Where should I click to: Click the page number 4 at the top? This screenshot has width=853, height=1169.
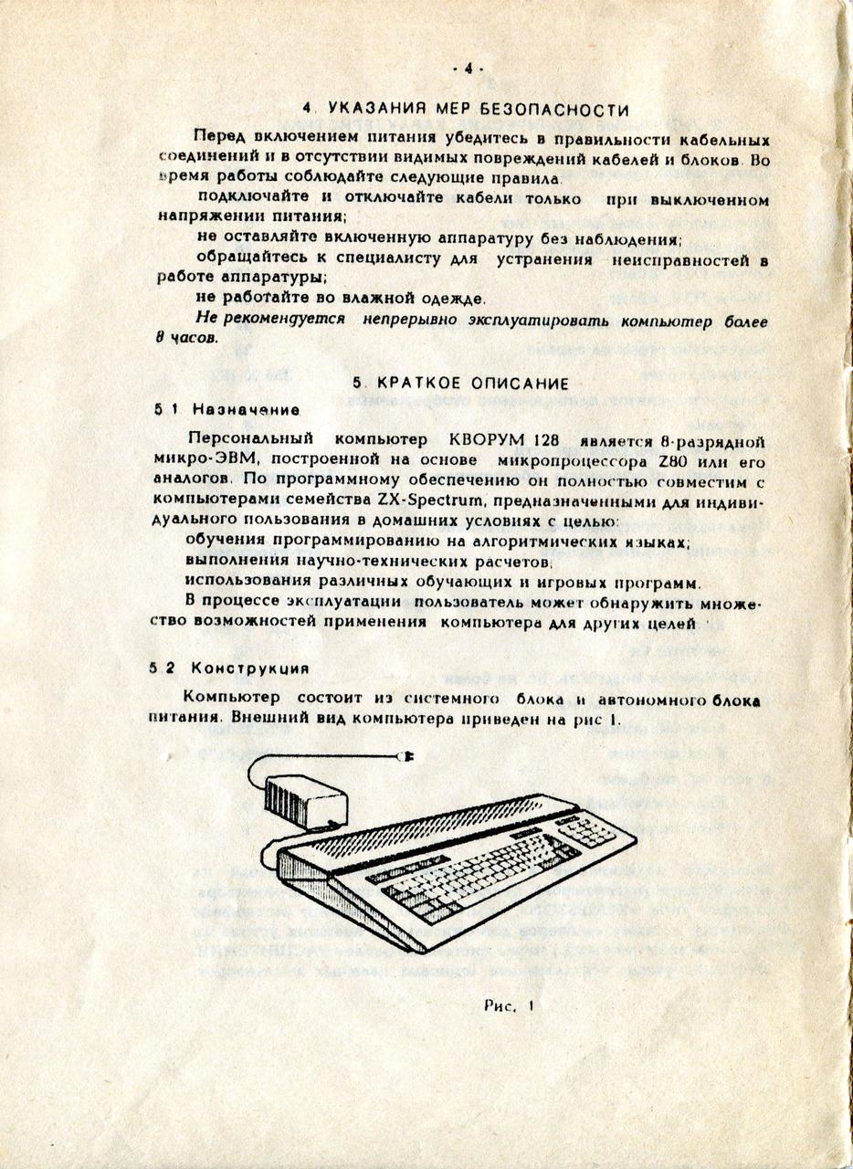point(468,68)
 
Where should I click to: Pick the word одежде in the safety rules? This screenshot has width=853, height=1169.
point(453,299)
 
